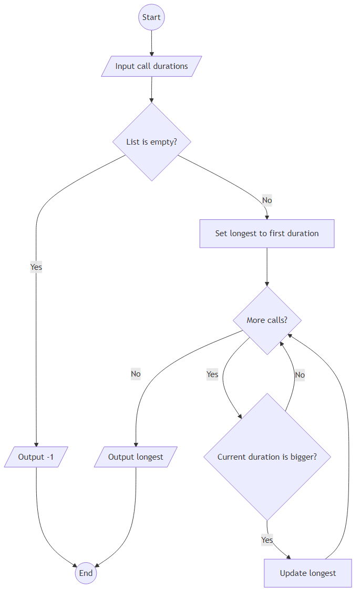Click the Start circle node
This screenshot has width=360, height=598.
151,17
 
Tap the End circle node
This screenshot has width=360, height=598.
86,573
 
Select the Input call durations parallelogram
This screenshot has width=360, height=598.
151,66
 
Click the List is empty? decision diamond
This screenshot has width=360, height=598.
151,141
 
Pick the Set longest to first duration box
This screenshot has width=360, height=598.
266,234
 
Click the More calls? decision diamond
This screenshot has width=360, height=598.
267,320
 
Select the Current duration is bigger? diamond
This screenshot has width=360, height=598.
267,457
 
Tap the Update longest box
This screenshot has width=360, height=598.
307,573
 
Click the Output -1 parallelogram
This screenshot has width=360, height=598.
36,457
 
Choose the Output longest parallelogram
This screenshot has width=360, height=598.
136,457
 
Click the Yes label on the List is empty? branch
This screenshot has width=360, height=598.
36,267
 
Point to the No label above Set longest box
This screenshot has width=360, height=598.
267,200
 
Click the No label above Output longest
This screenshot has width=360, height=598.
136,374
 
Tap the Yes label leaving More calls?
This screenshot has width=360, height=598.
212,374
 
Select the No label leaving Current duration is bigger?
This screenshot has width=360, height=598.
300,375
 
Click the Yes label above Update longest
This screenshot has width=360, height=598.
267,540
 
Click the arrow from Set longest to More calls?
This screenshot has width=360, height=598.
267,267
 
